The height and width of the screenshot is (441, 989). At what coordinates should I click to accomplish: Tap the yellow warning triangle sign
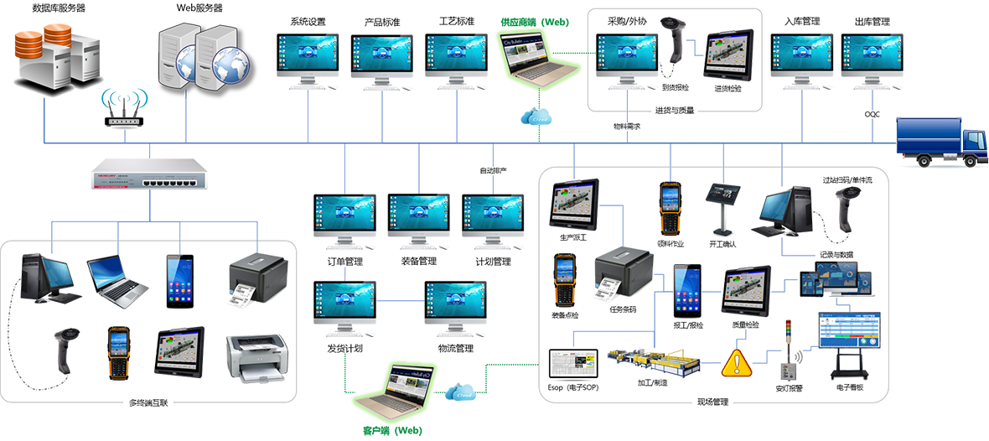(736, 364)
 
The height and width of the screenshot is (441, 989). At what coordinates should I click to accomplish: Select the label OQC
(872, 114)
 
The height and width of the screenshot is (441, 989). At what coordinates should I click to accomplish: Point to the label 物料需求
(629, 126)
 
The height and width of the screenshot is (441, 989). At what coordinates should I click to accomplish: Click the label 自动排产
(493, 171)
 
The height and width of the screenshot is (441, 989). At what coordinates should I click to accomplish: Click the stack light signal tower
(784, 368)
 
